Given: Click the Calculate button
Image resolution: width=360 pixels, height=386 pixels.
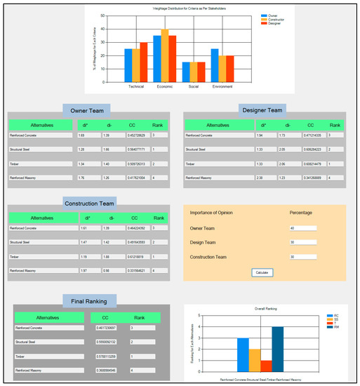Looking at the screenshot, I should (x=262, y=272).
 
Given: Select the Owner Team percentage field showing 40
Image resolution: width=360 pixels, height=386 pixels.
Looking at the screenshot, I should (x=302, y=228).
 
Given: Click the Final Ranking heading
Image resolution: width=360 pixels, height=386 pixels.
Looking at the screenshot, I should (x=89, y=301).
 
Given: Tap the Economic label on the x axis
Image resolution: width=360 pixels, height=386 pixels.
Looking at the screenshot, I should (x=165, y=86).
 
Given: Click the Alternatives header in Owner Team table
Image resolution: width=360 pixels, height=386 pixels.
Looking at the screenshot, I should (x=41, y=124).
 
